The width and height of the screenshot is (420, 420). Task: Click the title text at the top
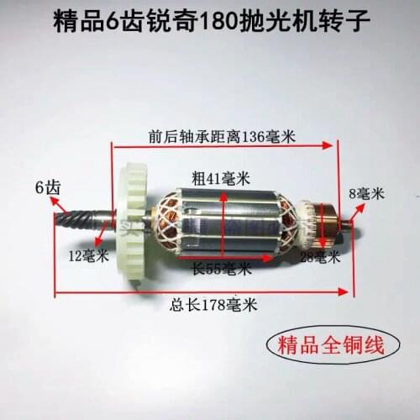(209, 18)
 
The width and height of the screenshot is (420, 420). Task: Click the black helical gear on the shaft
(76, 219)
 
